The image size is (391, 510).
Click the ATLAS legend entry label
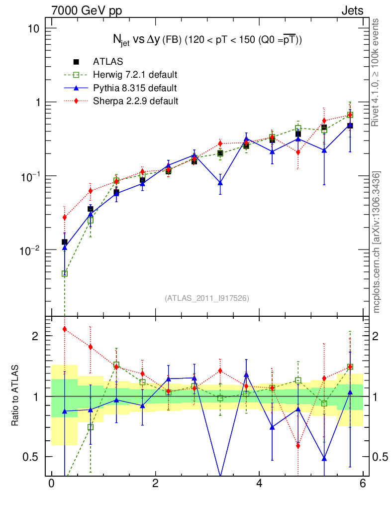click(x=108, y=62)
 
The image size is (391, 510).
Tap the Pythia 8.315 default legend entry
click(x=135, y=88)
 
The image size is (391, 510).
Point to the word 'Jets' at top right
click(x=352, y=10)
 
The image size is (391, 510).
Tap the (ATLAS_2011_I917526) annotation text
click(x=207, y=298)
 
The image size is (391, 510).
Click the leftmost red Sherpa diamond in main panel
click(x=64, y=217)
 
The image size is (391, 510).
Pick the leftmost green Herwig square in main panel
click(x=64, y=273)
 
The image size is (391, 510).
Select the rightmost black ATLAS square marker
click(x=350, y=126)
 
